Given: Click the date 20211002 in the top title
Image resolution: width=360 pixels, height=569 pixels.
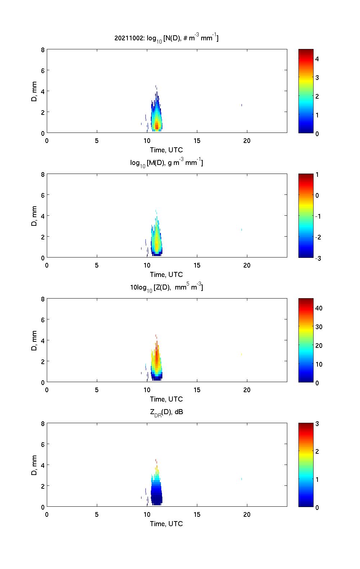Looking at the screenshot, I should pos(128,38).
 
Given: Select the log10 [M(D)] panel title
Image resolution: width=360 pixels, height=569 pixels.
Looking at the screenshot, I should pos(166,163).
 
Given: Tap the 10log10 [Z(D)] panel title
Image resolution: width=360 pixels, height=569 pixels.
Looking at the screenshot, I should pos(166,287).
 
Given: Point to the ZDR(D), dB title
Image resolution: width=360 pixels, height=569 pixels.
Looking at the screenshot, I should pos(166,412).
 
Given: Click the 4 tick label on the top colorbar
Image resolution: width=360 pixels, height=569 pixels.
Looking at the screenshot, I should pos(317,59).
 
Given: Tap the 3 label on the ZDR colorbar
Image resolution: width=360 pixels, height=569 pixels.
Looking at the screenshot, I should pos(317,424).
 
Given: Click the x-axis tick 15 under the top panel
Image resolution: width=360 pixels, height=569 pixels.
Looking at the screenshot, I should pos(197,141).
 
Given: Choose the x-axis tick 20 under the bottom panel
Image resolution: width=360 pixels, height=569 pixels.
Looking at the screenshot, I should pos(247,515).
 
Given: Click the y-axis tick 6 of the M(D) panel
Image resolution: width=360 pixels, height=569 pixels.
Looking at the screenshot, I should pos(42,195).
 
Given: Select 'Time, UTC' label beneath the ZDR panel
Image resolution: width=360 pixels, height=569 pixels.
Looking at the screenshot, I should pos(166,524).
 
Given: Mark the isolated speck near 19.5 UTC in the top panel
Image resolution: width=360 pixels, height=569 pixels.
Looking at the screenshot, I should pos(242,105).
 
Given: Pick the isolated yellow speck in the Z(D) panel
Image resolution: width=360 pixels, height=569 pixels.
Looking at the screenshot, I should pos(242,354).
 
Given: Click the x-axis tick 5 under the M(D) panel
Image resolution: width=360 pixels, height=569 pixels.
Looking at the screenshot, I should pos(97,265).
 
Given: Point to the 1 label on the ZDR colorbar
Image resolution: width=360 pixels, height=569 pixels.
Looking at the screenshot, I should pos(317,479).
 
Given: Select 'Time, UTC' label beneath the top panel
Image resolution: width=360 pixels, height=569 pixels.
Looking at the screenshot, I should pos(166,150).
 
